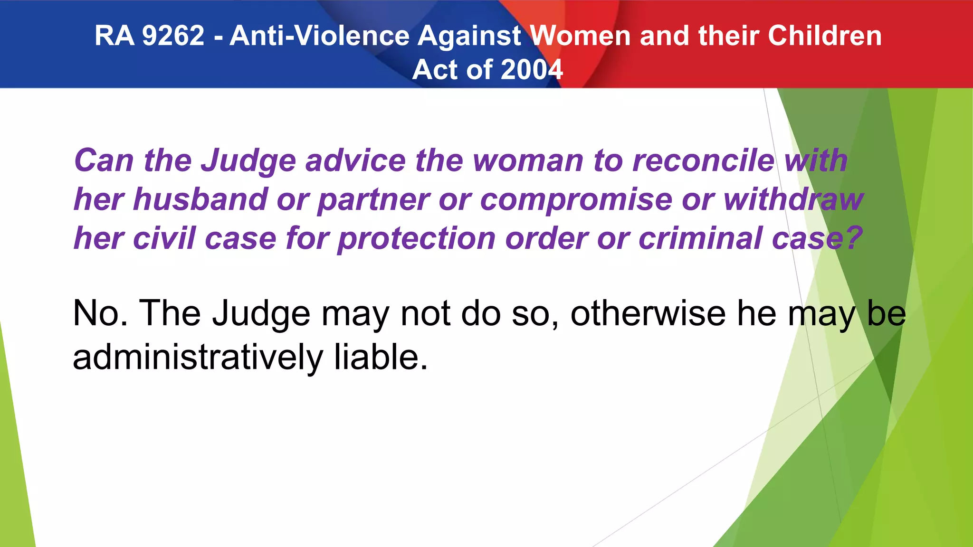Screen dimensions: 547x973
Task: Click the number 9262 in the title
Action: (x=173, y=36)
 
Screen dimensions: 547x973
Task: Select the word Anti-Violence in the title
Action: (x=319, y=36)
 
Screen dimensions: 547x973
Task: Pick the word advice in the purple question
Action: (x=355, y=160)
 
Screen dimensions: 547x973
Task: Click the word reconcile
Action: (x=704, y=160)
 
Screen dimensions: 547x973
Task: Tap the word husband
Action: (x=200, y=199)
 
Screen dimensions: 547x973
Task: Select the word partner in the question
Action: (x=373, y=200)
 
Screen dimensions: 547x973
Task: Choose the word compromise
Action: (x=576, y=200)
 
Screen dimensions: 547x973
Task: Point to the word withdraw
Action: (x=793, y=199)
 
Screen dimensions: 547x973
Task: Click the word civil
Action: (x=164, y=238)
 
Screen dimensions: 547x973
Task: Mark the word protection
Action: (x=417, y=239)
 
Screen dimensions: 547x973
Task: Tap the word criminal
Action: (x=700, y=238)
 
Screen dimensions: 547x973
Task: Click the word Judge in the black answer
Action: (x=261, y=314)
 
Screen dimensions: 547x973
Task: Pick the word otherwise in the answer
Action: (x=648, y=313)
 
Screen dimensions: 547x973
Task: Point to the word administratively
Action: (x=198, y=358)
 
